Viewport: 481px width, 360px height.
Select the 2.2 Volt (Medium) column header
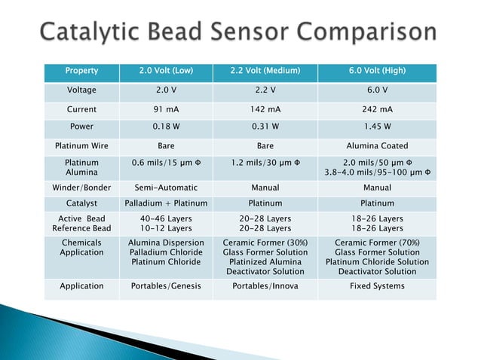click(x=265, y=72)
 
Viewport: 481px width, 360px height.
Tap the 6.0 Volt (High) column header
click(x=377, y=72)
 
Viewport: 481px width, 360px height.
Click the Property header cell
click(x=81, y=72)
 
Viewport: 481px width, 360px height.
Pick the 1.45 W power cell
click(x=377, y=127)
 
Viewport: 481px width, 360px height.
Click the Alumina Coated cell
click(x=377, y=146)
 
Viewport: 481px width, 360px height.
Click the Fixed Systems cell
click(x=377, y=286)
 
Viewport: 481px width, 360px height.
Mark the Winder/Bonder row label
click(x=81, y=187)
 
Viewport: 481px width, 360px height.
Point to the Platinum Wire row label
click(x=81, y=146)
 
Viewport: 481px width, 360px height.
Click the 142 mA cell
click(x=265, y=109)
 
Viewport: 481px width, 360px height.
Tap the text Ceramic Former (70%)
click(x=377, y=243)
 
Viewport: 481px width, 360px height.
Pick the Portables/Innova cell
click(x=265, y=286)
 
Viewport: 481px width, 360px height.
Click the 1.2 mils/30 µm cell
click(x=265, y=162)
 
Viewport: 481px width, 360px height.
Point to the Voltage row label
click(x=81, y=90)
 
